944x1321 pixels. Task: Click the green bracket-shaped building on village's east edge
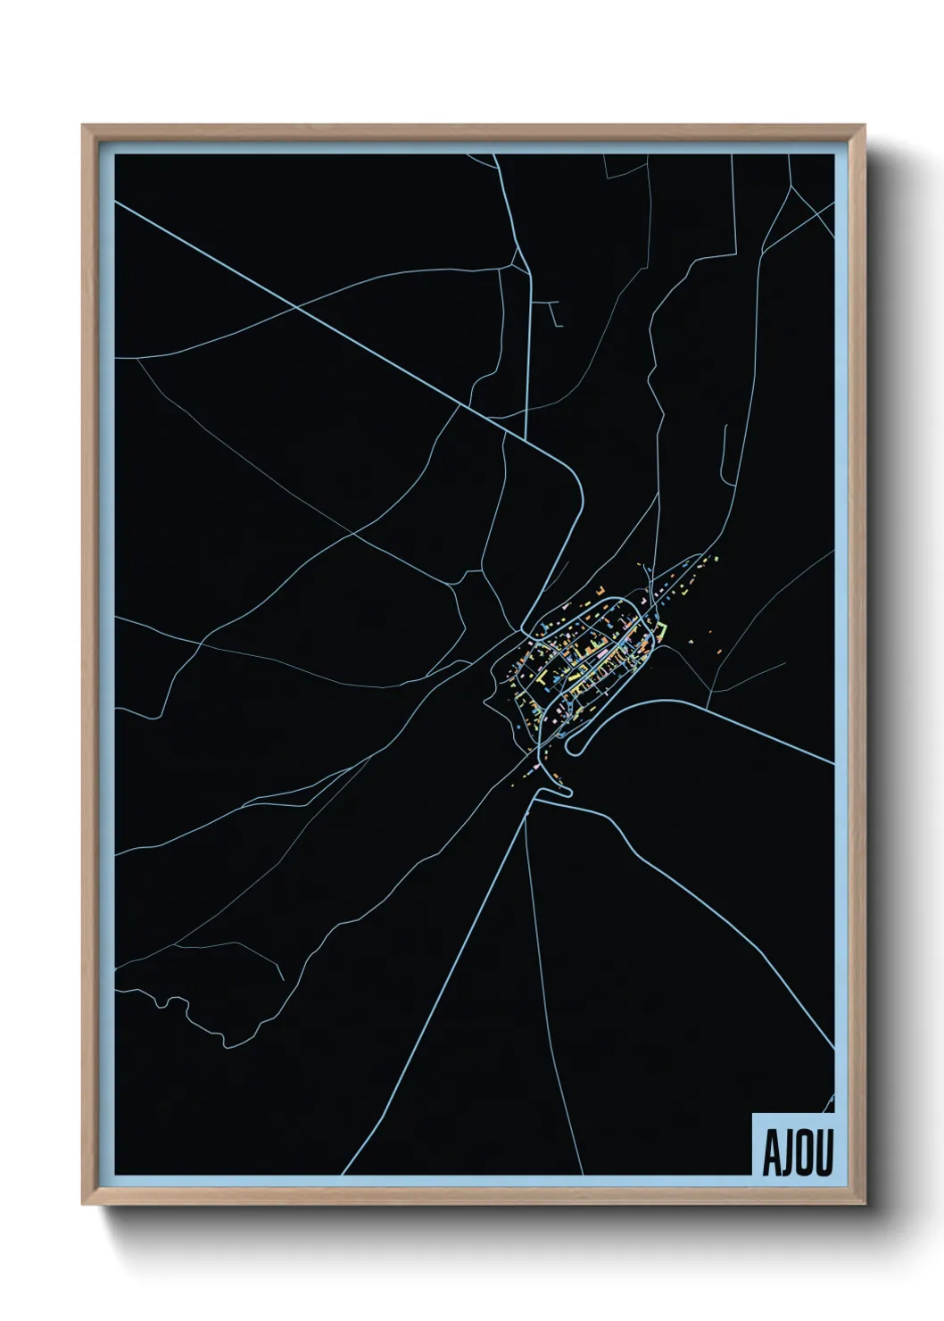(662, 630)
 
